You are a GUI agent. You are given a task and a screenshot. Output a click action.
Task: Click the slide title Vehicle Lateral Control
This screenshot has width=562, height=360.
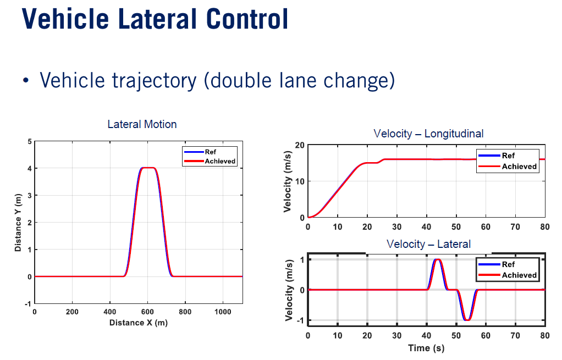tap(155, 19)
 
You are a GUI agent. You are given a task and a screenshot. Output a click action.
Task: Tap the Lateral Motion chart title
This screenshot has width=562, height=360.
tap(142, 124)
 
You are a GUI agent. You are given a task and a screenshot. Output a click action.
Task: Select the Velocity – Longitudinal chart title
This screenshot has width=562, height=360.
tap(428, 134)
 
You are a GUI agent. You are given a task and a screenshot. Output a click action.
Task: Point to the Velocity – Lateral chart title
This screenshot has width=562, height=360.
tap(428, 243)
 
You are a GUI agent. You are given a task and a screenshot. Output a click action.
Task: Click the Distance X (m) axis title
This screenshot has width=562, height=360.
tap(139, 323)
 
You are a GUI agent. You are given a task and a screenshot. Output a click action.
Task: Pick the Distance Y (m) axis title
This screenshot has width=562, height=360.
tap(19, 223)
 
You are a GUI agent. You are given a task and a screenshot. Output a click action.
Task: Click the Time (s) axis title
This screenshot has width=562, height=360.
tap(426, 347)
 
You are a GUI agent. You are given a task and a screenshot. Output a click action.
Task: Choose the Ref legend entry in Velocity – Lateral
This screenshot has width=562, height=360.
tap(508, 264)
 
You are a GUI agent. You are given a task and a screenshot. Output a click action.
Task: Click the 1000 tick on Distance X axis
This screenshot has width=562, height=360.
tap(223, 312)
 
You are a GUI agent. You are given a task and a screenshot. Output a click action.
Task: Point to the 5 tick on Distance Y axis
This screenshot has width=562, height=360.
tap(29, 141)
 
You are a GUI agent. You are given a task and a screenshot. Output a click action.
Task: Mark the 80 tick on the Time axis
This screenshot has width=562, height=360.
tap(544, 335)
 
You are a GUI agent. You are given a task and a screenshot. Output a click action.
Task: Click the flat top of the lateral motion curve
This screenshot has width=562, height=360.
tap(148, 168)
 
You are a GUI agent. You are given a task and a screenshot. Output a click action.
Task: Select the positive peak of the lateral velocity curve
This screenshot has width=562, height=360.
tap(438, 259)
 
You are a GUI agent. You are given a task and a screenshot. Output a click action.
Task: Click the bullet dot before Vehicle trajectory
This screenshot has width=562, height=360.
tap(25, 81)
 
